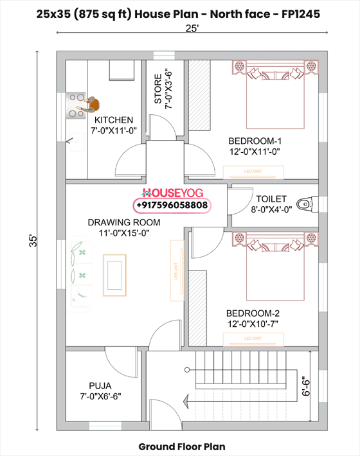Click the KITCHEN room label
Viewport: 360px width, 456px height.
click(x=114, y=120)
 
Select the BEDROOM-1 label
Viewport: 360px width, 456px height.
click(x=255, y=141)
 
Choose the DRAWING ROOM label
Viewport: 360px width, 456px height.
click(x=124, y=222)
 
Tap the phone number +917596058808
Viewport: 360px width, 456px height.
click(x=172, y=205)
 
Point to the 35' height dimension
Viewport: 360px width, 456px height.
click(x=35, y=241)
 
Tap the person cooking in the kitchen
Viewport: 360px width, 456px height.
click(x=91, y=103)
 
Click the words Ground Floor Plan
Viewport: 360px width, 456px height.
click(x=182, y=446)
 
